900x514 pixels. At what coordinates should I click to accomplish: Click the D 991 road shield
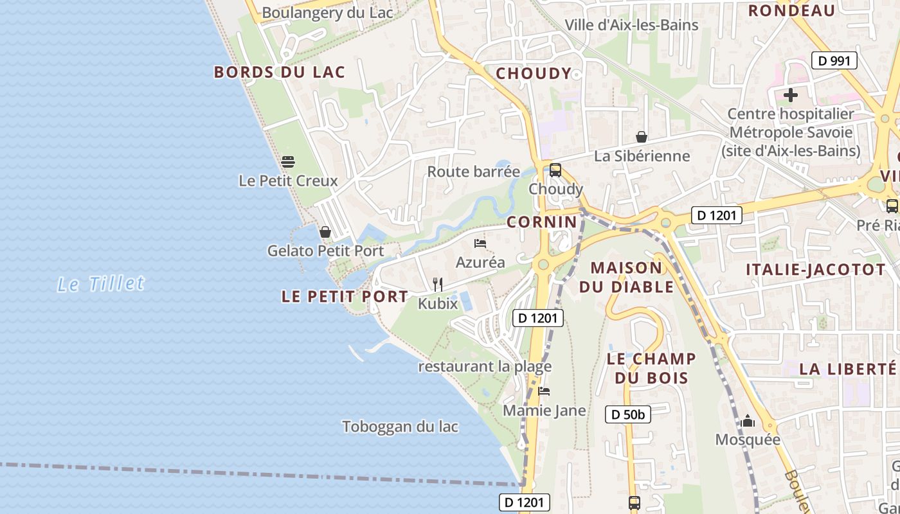(834, 61)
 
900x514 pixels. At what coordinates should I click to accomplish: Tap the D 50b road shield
(628, 414)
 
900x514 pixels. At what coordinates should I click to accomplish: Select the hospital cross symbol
(790, 96)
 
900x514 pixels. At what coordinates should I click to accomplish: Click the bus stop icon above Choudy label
(555, 170)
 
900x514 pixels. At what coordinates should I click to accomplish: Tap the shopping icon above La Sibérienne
(641, 137)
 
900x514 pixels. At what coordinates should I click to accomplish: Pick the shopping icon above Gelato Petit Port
(325, 232)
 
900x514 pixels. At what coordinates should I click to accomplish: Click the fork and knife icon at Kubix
(438, 284)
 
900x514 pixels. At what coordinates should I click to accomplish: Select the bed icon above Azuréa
(480, 244)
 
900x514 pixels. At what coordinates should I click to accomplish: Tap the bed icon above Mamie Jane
(544, 391)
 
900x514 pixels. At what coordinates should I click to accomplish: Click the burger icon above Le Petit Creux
(287, 161)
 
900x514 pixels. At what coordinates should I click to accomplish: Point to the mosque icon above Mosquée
(747, 421)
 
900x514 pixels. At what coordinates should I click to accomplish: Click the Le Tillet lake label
(101, 283)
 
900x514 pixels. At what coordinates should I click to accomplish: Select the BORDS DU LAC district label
(280, 72)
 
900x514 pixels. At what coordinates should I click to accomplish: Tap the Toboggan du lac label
(400, 427)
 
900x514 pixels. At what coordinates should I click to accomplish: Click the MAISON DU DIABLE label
(626, 277)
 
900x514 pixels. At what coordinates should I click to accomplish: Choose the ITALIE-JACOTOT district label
(816, 270)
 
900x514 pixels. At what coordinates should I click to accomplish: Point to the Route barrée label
(473, 172)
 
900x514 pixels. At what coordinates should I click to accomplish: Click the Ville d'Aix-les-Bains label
(631, 25)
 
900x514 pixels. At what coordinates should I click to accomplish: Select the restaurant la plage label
(485, 367)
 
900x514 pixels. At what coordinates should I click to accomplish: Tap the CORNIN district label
(542, 222)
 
